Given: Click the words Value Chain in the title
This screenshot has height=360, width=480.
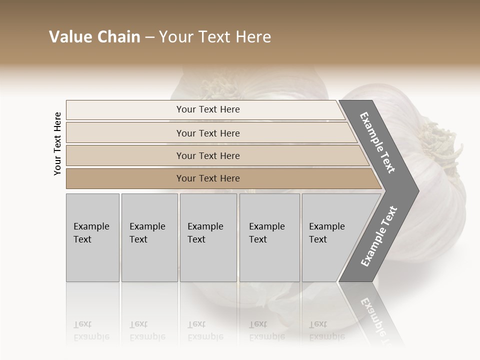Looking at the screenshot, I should (x=94, y=37).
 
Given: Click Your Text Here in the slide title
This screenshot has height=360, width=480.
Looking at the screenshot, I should (x=215, y=37).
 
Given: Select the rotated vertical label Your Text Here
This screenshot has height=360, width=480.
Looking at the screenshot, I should (x=57, y=143).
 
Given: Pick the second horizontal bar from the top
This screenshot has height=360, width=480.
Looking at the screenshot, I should (x=208, y=133).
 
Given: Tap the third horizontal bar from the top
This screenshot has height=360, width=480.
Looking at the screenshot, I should (x=208, y=155).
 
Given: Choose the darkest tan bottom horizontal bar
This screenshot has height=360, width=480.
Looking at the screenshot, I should (x=208, y=178).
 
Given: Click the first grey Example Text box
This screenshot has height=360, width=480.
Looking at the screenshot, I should (x=92, y=237).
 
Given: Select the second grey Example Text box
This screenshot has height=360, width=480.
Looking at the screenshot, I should (x=149, y=237).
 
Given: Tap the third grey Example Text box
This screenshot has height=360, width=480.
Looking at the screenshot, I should (x=208, y=237).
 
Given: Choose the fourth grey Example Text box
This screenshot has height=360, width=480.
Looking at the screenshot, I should (x=269, y=237).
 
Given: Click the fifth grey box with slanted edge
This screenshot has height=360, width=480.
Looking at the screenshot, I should (x=330, y=237).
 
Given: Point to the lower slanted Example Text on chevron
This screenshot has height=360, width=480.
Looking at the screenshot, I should (x=378, y=236).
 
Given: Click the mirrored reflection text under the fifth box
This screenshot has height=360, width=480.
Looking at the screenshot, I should (x=326, y=330).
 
